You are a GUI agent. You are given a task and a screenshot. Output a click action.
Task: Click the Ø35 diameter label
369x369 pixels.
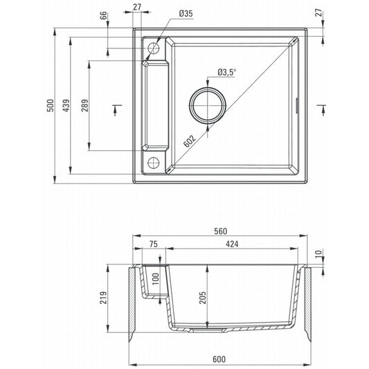tap(186, 13)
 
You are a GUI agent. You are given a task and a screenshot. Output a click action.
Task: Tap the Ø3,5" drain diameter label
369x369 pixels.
tap(226, 72)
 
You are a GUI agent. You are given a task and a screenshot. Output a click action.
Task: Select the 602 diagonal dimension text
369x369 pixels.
tap(190, 141)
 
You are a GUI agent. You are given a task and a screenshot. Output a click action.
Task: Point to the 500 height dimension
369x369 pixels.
tap(51, 105)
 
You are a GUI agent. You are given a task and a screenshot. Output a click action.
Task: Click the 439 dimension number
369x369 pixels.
tap(66, 105)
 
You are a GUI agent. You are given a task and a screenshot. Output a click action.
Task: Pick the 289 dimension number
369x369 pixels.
tap(84, 105)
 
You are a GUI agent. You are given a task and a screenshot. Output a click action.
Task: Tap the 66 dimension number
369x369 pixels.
tap(104, 16)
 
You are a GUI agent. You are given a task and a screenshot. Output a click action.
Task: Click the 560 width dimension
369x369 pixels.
tap(221, 231)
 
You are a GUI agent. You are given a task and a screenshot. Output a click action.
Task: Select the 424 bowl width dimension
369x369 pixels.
tap(232, 244)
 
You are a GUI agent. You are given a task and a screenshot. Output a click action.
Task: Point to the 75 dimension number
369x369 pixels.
tap(154, 244)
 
